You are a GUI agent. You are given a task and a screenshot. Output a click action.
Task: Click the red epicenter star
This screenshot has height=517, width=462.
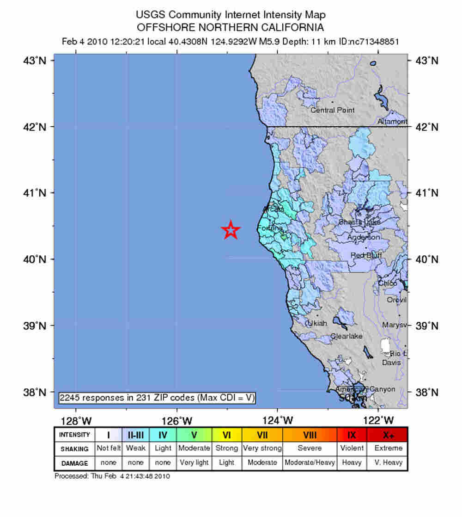231,230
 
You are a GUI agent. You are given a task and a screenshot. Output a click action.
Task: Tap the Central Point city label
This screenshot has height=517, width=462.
333,110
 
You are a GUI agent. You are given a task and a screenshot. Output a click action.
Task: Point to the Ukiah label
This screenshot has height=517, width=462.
317,323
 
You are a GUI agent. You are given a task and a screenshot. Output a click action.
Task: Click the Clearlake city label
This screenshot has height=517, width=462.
346,336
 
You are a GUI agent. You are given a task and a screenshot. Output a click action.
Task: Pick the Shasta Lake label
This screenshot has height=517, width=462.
359,222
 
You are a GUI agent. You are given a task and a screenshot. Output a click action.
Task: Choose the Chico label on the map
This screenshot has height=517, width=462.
387,283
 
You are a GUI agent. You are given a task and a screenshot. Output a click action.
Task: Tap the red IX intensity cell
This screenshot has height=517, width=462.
352,435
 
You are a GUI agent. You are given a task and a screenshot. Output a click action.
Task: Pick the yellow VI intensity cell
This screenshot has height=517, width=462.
226,435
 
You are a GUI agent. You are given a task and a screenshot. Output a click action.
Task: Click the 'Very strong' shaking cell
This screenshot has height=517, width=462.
262,448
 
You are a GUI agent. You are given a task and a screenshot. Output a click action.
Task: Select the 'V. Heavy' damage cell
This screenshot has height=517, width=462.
387,462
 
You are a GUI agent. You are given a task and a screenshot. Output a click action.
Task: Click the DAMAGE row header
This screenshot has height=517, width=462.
74,462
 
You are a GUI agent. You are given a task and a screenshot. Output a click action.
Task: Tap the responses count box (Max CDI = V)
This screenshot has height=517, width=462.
157,398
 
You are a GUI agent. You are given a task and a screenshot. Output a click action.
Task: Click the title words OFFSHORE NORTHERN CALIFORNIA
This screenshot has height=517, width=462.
231,27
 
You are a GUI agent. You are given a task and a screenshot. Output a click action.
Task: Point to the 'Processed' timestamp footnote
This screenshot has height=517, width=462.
112,476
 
